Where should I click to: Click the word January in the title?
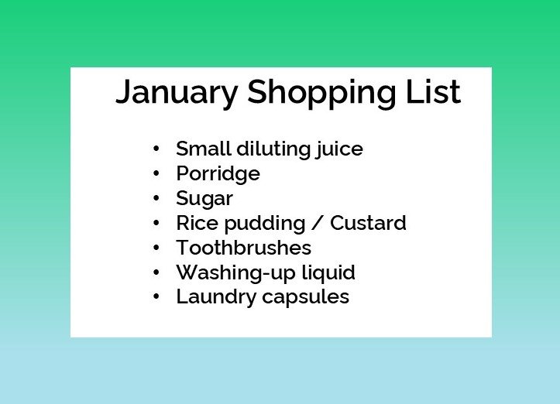pos(177,92)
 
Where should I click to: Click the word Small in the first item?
pos(204,149)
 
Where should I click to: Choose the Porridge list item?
pos(218,174)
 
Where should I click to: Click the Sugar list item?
pos(204,199)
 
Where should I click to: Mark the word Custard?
pos(368,223)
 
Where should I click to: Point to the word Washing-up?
pos(230,273)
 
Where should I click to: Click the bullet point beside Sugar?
pos(157,198)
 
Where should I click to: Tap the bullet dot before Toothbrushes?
pos(157,248)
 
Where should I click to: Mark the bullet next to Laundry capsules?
pos(157,296)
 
